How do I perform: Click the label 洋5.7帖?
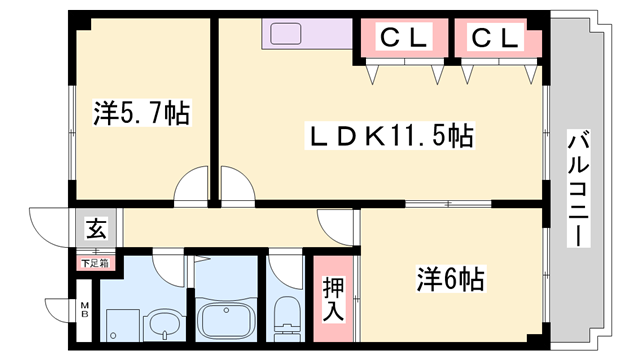pyautogui.click(x=142, y=111)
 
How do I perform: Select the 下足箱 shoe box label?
pyautogui.click(x=96, y=263)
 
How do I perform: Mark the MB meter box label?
pyautogui.click(x=84, y=311)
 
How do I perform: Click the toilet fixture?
pyautogui.click(x=285, y=317)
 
